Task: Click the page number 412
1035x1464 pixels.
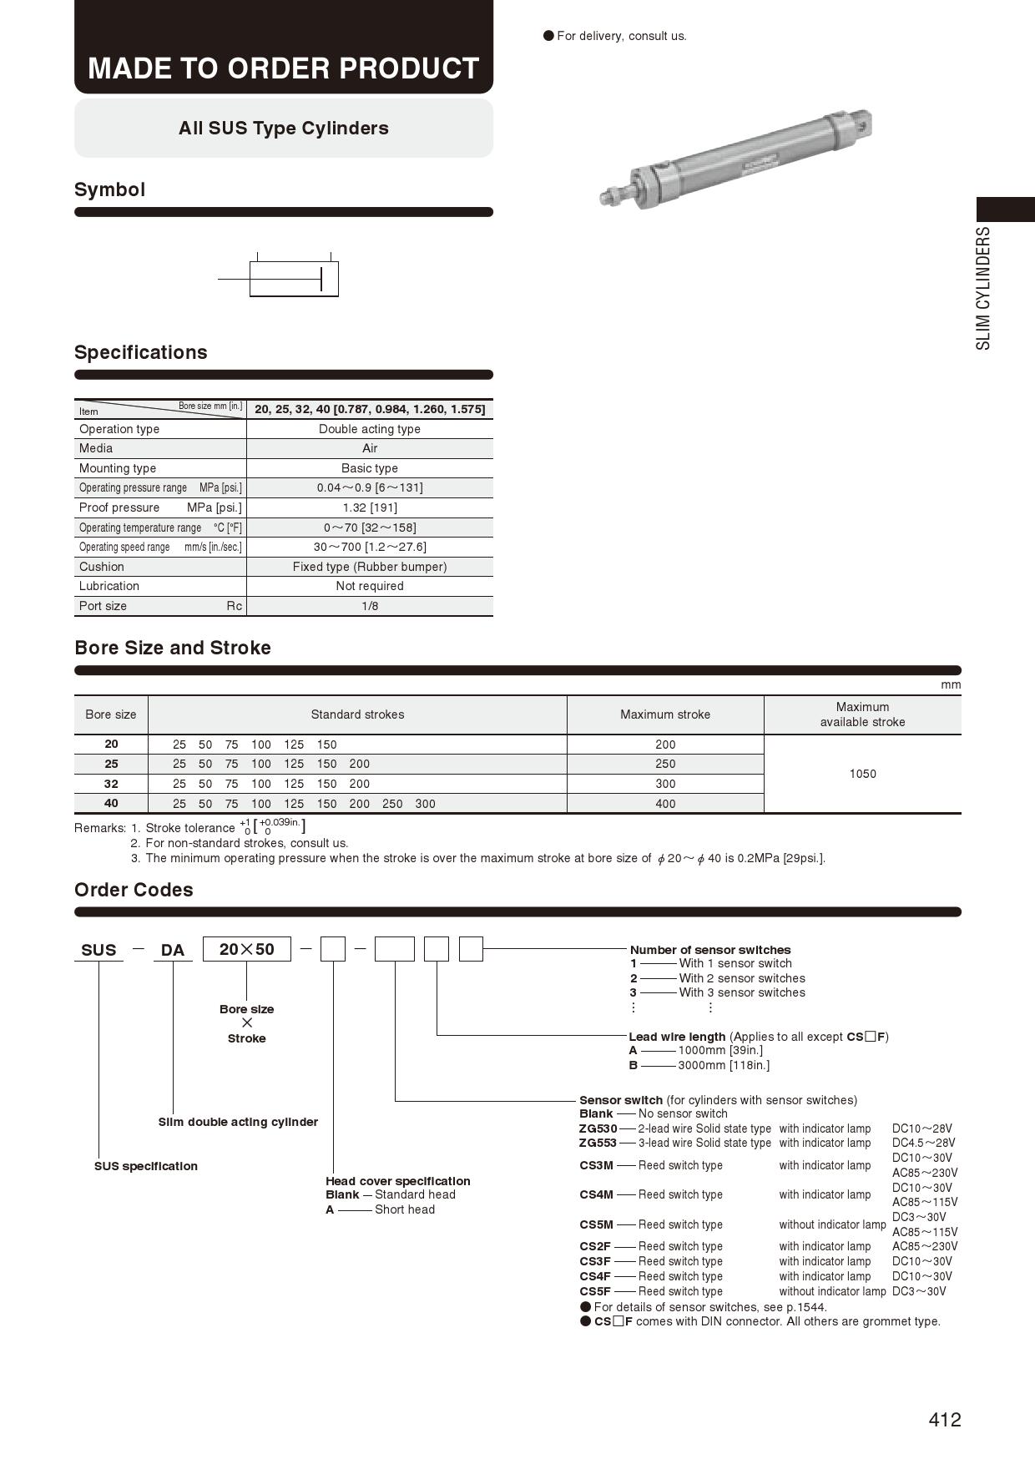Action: click(x=944, y=1420)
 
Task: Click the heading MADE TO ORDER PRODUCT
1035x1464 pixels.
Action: click(x=284, y=68)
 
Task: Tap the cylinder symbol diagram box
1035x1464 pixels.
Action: click(x=294, y=279)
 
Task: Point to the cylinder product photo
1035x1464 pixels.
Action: click(x=735, y=159)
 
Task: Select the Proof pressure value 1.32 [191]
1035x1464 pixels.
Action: click(x=370, y=507)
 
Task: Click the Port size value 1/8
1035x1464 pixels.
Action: click(x=370, y=606)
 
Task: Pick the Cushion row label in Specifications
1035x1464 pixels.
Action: click(x=102, y=567)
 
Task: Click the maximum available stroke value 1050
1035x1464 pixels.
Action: click(x=862, y=774)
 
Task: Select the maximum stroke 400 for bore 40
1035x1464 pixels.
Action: click(x=665, y=804)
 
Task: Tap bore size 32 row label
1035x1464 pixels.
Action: click(x=111, y=784)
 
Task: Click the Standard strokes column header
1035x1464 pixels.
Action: click(x=357, y=714)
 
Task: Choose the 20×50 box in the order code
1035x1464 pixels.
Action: click(x=247, y=949)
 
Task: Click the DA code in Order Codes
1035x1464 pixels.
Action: click(x=173, y=950)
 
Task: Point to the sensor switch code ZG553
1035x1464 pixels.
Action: click(x=598, y=1143)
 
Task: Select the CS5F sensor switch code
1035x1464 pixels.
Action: click(x=595, y=1291)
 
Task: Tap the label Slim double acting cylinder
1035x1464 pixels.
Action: click(x=238, y=1122)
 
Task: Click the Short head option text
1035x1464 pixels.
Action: click(x=405, y=1209)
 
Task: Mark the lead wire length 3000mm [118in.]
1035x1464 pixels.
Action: click(x=724, y=1065)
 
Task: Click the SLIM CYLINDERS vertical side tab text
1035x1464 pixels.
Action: click(x=984, y=288)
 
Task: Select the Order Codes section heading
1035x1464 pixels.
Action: click(x=134, y=890)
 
